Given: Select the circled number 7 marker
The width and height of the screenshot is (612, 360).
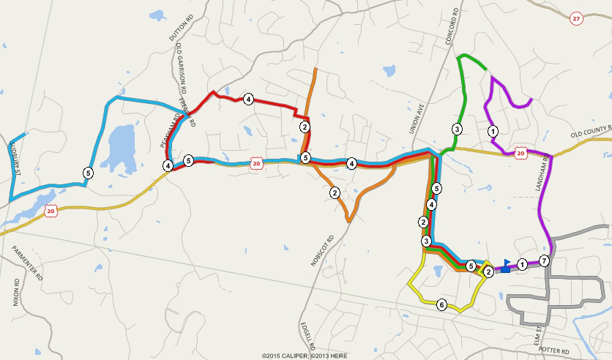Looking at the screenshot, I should [x=544, y=260].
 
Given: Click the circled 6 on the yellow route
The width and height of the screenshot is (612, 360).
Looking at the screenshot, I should [x=441, y=304].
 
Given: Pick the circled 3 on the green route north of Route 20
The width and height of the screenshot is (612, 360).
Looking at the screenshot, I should [x=456, y=130].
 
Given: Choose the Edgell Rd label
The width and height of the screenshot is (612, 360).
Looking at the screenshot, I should [x=307, y=334].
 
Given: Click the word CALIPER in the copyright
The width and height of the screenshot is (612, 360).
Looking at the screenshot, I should [x=290, y=356].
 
